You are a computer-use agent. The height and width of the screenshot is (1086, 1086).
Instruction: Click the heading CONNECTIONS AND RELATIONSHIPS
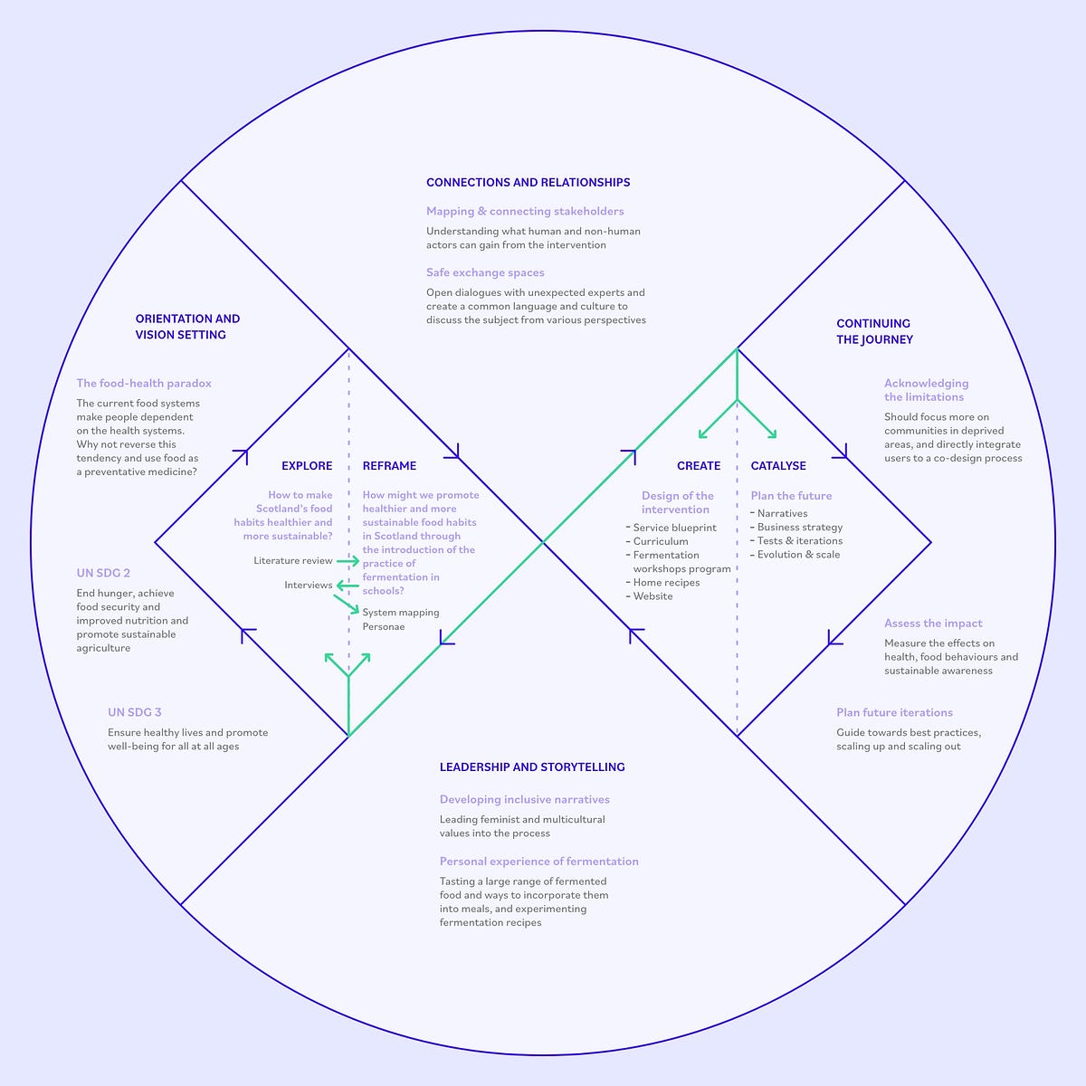528,182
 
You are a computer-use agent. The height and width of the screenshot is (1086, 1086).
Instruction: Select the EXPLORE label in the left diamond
307,466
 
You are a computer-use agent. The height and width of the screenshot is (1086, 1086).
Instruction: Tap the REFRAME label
389,466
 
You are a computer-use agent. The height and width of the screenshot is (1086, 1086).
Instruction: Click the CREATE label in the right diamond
699,466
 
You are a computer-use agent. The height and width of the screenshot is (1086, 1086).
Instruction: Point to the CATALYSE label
778,466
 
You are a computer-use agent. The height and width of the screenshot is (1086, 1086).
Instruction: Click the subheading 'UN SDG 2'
103,573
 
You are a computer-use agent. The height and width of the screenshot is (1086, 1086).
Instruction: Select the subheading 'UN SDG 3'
134,712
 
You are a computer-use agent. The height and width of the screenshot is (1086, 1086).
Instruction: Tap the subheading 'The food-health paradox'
144,383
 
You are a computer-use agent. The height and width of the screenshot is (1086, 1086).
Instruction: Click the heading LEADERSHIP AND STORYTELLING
532,767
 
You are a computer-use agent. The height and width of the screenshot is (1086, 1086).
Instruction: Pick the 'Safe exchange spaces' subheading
485,272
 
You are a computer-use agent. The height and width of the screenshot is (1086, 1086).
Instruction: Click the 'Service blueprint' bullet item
674,528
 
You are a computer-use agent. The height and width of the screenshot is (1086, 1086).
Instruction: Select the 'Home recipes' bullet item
666,583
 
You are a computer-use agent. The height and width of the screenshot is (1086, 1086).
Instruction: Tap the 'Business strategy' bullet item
799,527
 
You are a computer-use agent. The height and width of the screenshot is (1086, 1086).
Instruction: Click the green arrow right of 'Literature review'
348,561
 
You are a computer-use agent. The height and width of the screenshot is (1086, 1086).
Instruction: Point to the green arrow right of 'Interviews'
347,586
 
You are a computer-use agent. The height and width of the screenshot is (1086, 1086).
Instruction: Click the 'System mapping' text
401,613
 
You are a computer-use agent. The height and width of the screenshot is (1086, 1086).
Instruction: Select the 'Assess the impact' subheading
933,623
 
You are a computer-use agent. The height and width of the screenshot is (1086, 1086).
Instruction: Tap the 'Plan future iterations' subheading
894,712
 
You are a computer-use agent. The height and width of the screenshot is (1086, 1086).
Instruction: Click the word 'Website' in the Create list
653,596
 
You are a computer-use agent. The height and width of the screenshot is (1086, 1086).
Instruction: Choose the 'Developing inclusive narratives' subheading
524,799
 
